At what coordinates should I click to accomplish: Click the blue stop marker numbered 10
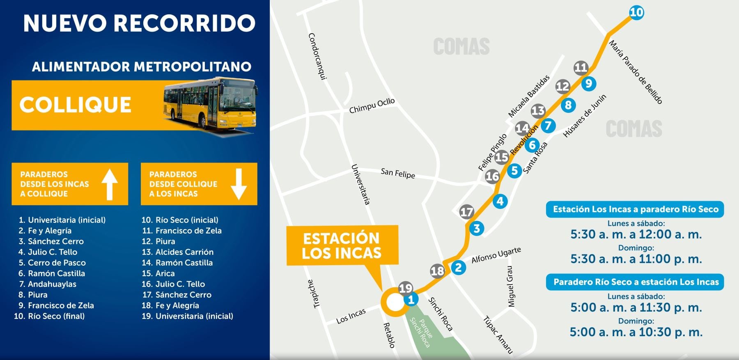coord(636,12)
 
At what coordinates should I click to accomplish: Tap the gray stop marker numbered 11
coord(581,67)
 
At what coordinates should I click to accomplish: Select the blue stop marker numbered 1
coord(411,299)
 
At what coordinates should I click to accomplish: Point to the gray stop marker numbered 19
coord(405,288)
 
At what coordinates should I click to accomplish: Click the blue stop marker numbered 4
coord(500,201)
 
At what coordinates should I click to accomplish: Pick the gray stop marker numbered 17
coord(466,212)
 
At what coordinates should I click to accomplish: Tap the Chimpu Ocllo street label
coord(372,106)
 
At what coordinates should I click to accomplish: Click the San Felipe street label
coord(397,173)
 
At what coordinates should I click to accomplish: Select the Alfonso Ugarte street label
coord(496,255)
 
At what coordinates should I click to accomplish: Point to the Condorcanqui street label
coord(317,56)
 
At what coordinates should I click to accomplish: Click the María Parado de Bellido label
coord(635,72)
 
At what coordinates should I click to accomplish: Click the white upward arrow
coord(110,184)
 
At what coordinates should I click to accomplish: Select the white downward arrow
coord(239,184)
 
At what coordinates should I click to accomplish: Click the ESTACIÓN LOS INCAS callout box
coord(342,245)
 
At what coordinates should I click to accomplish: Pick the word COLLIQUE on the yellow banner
coord(75,105)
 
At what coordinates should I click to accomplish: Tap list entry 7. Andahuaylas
coord(48,284)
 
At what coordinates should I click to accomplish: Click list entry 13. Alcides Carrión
coord(178,252)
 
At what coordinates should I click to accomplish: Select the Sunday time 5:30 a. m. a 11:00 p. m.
coord(636,259)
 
